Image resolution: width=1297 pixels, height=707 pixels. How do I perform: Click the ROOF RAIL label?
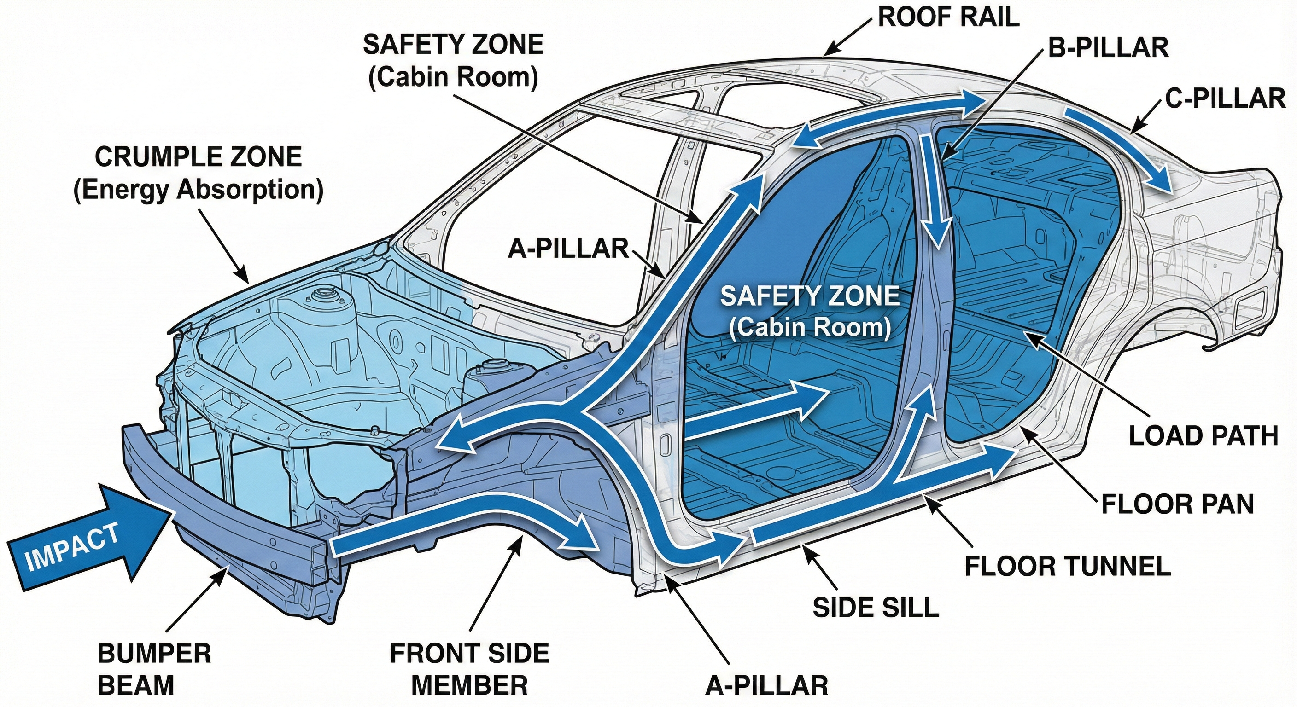tap(948, 17)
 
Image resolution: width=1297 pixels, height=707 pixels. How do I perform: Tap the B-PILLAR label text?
tap(1108, 48)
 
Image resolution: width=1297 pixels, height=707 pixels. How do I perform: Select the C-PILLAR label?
tap(1225, 98)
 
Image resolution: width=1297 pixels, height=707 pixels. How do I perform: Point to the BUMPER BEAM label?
tap(154, 669)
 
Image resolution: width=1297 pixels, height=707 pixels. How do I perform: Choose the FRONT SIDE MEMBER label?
tap(469, 669)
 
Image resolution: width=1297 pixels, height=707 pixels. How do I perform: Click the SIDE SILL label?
tap(876, 608)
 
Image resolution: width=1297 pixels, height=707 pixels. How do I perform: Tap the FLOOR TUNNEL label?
tap(1068, 566)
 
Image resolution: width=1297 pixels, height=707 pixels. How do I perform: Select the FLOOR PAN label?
tap(1177, 504)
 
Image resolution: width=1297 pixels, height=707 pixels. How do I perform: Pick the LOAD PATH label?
tap(1204, 436)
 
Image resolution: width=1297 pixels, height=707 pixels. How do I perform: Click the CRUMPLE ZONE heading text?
tap(198, 157)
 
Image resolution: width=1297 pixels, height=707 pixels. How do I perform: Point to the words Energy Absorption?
tap(198, 190)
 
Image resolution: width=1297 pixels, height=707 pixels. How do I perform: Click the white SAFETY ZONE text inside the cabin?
tap(810, 296)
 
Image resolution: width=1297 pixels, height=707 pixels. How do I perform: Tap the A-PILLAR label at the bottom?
tap(766, 685)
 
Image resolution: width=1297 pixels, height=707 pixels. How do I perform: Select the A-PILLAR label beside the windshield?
tap(568, 249)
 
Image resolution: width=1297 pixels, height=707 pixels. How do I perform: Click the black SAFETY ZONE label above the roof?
tap(453, 45)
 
